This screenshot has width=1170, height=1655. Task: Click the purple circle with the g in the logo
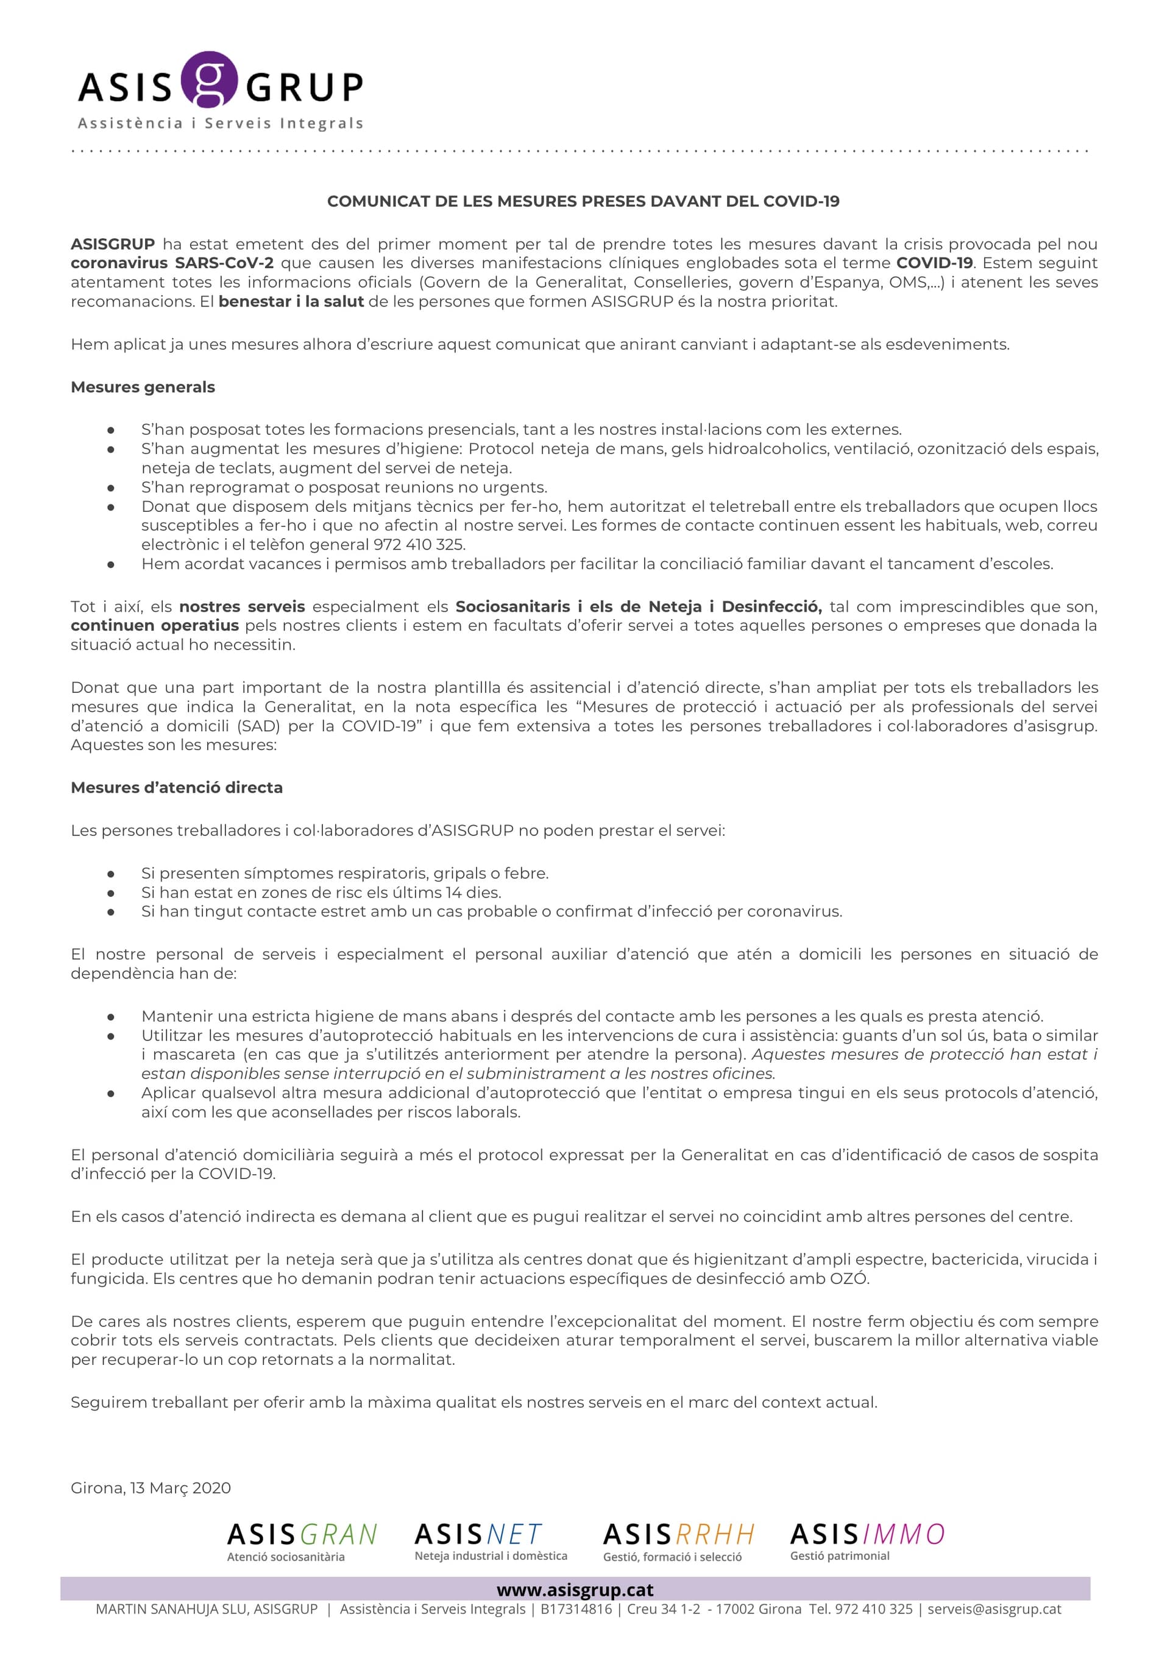pos(208,79)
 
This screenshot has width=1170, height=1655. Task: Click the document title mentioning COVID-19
pos(583,201)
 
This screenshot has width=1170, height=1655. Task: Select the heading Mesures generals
pos(143,387)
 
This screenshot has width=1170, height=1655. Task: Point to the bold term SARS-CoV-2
pos(224,263)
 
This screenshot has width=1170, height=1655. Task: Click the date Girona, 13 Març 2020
pos(151,1488)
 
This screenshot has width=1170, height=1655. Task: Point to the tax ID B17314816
pos(576,1609)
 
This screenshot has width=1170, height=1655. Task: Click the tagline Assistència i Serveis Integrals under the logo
pos(220,123)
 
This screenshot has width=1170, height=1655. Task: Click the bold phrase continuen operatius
pos(154,626)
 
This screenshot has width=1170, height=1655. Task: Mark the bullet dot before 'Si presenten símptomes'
pos(111,874)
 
